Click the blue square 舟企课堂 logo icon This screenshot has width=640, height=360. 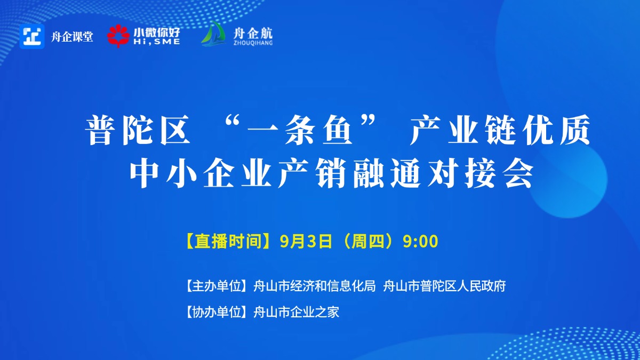(32, 36)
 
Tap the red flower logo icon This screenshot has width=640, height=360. (118, 36)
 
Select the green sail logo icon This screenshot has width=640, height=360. (213, 34)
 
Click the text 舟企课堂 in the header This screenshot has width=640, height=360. (72, 37)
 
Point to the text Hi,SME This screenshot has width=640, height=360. (157, 42)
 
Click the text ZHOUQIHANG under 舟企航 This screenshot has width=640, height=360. (253, 43)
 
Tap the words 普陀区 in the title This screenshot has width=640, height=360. (138, 130)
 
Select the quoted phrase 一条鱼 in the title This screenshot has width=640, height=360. (300, 130)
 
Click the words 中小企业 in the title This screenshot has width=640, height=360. (201, 173)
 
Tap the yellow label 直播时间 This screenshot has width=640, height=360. (228, 242)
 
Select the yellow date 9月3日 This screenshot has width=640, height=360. (306, 242)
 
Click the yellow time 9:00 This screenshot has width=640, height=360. (420, 242)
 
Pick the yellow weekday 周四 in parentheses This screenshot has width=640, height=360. (371, 242)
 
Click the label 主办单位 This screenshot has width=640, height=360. (217, 286)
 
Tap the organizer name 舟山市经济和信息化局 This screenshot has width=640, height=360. (315, 286)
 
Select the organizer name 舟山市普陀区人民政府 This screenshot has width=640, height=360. (444, 286)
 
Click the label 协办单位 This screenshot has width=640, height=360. (217, 312)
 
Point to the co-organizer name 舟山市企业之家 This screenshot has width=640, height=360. (297, 312)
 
